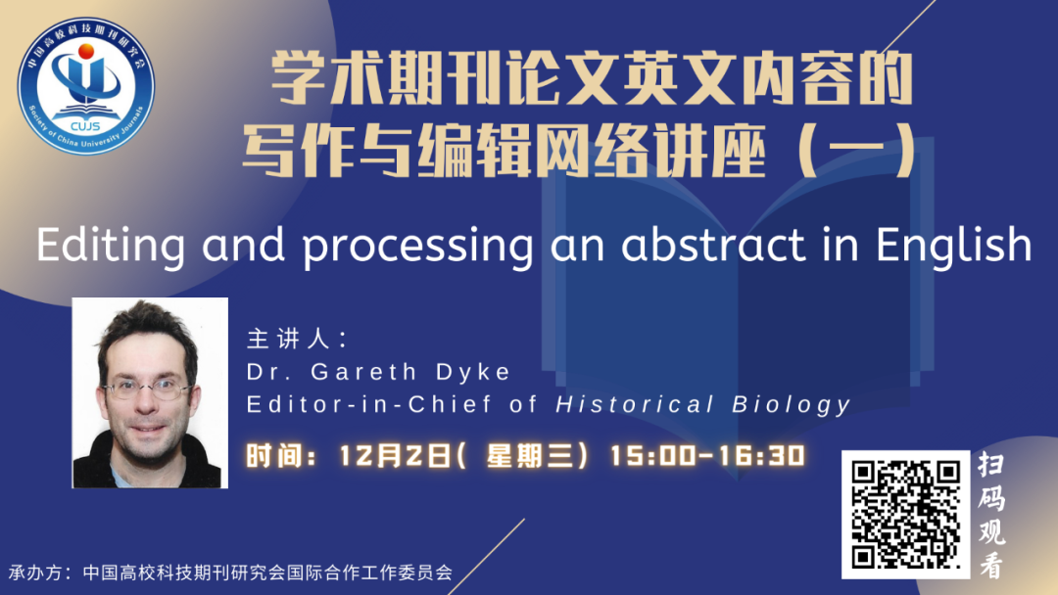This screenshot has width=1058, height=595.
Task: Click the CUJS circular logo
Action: pos(85,85)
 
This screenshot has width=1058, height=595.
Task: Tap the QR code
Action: pos(905,514)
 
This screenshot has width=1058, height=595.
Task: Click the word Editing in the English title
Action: pos(111,247)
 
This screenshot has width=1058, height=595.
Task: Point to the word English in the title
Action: pos(954,247)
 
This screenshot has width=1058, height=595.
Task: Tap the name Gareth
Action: pos(364,371)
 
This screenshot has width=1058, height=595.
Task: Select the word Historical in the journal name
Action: pos(635,404)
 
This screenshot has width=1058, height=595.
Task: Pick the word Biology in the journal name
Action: pos(792,405)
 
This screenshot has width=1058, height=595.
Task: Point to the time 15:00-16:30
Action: pos(708,455)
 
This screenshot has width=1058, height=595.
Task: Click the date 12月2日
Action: pos(395,455)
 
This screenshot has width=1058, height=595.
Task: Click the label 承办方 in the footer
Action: pos(36,572)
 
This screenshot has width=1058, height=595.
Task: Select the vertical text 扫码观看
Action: pos(991,515)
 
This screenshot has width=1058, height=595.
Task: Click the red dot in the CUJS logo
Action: pos(86,51)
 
